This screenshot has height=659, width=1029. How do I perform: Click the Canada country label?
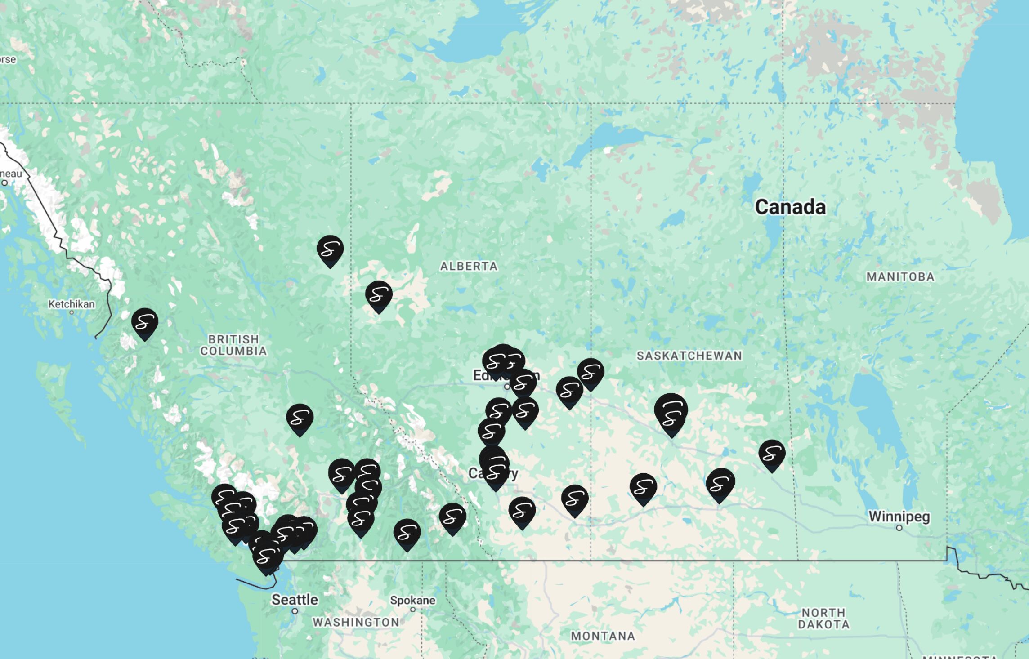point(790,207)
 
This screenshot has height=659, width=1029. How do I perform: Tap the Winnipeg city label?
point(899,517)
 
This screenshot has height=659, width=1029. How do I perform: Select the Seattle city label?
point(295,600)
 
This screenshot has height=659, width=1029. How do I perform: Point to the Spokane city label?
point(412,600)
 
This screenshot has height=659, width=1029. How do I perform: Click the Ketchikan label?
point(72,304)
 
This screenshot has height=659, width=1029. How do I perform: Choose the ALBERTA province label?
point(469,267)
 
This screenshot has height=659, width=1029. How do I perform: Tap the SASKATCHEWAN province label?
point(689,356)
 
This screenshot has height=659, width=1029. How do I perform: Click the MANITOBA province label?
point(900,277)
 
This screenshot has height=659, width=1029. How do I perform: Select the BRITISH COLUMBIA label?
point(233,345)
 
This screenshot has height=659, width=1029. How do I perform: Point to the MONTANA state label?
point(603,636)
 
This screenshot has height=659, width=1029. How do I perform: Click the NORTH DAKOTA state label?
point(823,619)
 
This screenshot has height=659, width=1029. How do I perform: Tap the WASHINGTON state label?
point(356,622)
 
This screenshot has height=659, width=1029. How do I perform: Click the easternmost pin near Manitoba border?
point(772,454)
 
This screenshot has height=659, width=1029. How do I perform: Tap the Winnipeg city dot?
point(899,528)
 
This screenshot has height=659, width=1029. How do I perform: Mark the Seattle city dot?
point(295,611)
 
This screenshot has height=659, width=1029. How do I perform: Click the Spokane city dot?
point(412,610)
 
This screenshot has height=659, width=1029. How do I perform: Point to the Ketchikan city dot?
point(72,312)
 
